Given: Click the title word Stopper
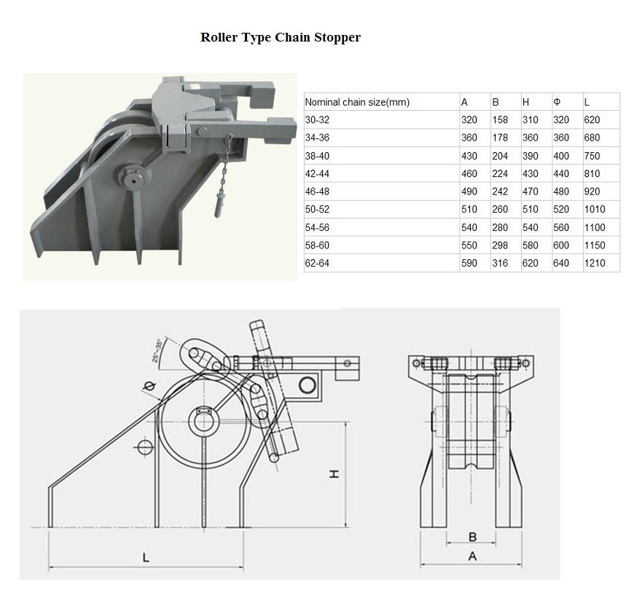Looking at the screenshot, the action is tap(337, 37).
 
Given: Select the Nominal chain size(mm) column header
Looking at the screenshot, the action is tap(357, 102).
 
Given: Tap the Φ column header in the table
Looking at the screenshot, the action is tap(557, 102).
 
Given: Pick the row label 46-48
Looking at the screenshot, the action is tap(317, 192).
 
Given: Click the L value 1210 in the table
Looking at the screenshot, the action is tap(595, 263).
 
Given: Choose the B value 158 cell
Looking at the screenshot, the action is tap(500, 120).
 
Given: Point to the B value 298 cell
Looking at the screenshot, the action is tap(500, 245).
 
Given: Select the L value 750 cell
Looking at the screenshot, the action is tap(592, 156).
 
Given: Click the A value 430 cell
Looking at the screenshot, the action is tap(469, 156).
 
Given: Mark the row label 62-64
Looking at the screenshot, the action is tap(317, 263).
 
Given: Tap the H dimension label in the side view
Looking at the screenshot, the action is tap(334, 474).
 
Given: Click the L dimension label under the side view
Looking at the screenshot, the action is tap(145, 557).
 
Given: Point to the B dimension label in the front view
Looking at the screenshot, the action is tap(472, 537).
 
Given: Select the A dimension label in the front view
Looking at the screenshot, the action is tap(472, 556).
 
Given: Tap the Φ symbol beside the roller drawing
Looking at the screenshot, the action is tap(150, 385).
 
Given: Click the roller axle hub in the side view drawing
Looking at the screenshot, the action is tap(203, 421).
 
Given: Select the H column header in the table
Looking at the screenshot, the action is tap(525, 102).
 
